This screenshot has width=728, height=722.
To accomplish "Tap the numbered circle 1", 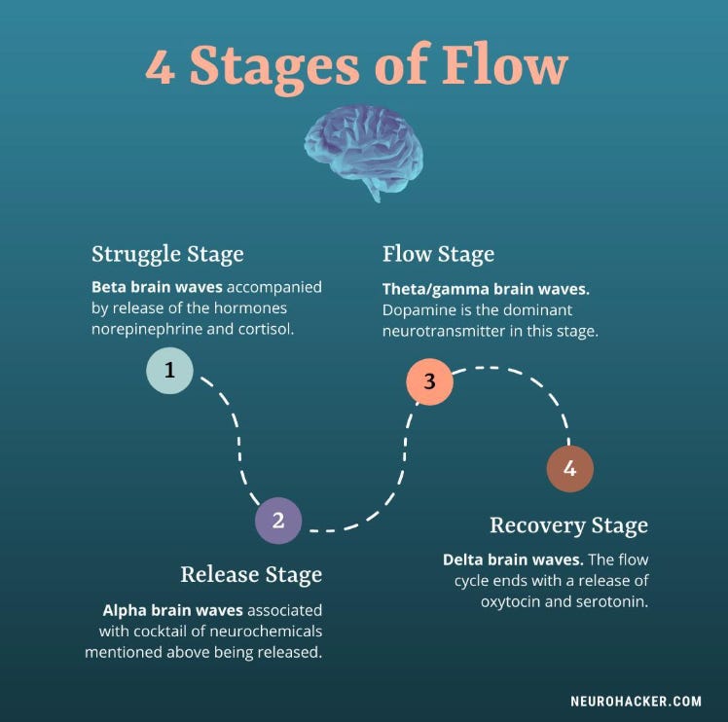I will point(169,370).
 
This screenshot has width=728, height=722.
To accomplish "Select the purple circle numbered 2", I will point(278,521).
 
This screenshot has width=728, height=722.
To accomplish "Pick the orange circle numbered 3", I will point(429,381).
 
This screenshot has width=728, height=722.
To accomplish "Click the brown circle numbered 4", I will point(569,469).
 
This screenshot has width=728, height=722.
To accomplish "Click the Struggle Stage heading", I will point(167,255).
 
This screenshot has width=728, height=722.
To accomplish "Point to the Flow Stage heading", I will point(438,255).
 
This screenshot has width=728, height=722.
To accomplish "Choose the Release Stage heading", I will point(251,574).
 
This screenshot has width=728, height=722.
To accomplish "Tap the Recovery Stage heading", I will point(568,526).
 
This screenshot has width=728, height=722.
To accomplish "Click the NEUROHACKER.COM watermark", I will point(636,700).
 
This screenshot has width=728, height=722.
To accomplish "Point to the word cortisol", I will point(263,329).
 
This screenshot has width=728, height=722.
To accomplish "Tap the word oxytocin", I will point(513,601).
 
